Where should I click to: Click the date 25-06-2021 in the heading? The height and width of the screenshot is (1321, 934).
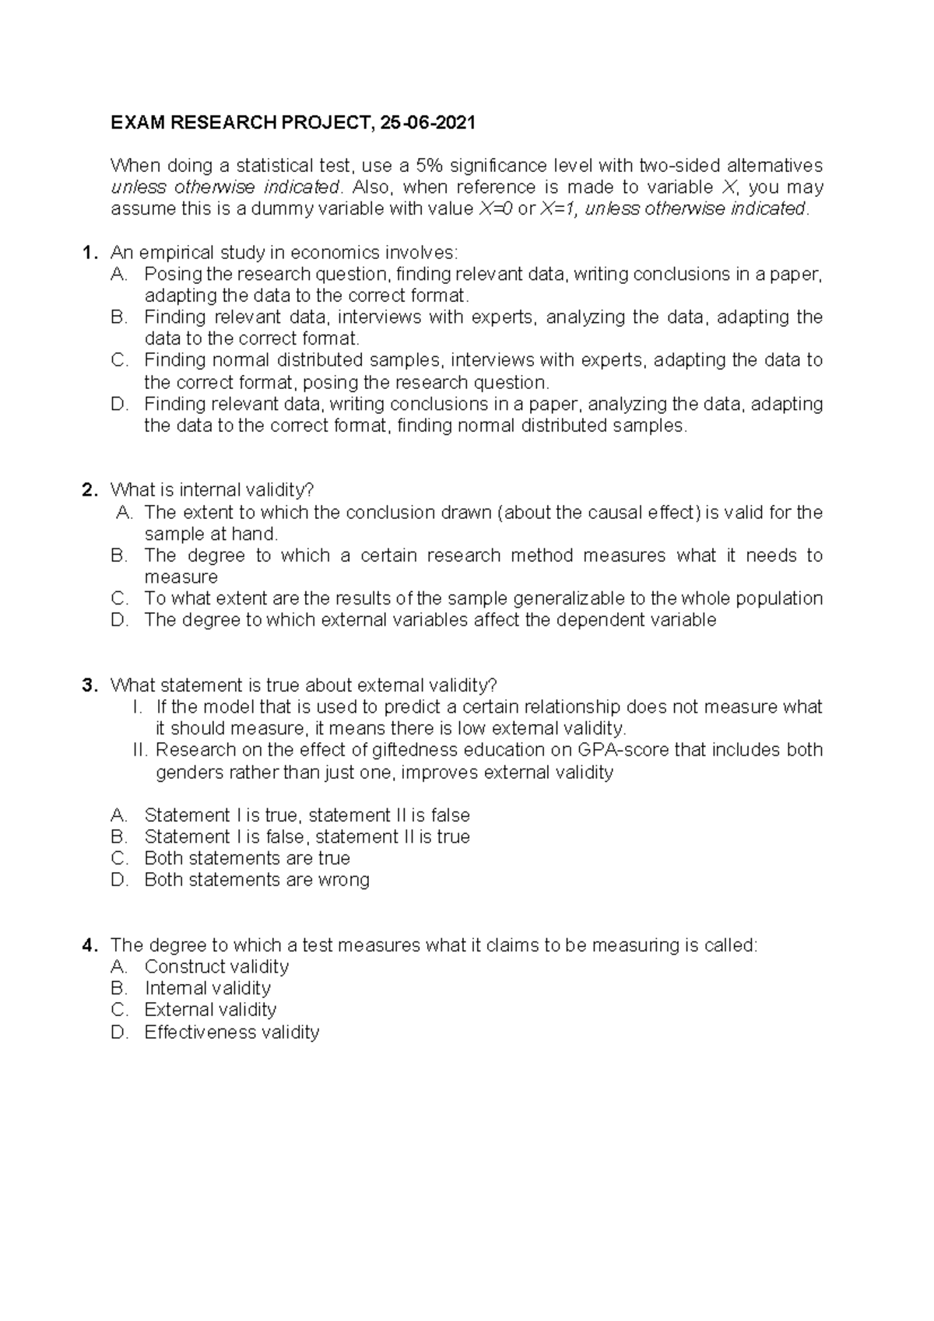tap(427, 123)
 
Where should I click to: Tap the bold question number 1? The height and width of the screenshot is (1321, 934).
tap(90, 253)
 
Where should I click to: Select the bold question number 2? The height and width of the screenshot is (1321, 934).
tap(90, 490)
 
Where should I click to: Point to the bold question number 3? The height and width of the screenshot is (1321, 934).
tap(90, 685)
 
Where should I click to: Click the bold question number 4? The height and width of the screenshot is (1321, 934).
tap(90, 945)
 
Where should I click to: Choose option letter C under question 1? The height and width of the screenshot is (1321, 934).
tap(119, 360)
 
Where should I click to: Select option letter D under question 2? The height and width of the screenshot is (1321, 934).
tap(119, 620)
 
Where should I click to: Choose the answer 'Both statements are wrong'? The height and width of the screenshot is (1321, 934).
tap(257, 880)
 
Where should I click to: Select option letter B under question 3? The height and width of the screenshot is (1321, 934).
tap(119, 837)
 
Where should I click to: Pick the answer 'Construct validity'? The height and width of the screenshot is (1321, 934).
tap(216, 967)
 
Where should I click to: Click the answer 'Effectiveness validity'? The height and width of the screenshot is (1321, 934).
tap(232, 1032)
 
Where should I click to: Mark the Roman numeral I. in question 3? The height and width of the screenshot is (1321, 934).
tap(139, 707)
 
